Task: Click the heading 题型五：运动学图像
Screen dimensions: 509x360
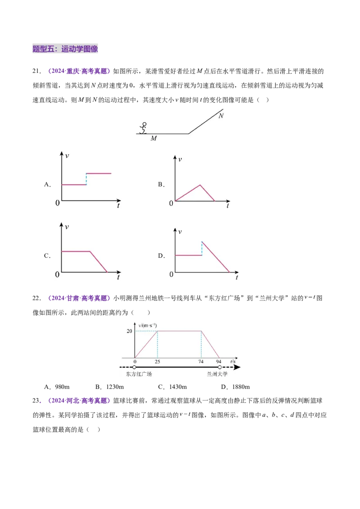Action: click(66, 49)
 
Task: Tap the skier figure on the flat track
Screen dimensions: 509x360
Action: click(144, 129)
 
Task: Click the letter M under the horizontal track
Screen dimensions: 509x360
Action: click(153, 138)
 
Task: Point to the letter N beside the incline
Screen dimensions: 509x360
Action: click(220, 116)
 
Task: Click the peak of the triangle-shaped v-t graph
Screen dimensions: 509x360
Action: click(200, 184)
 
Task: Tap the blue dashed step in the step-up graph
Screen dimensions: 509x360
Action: click(86, 179)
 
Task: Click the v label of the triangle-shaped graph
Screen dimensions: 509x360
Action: click(180, 159)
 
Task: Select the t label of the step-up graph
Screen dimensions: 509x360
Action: click(118, 205)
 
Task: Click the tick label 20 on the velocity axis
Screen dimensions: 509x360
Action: click(130, 331)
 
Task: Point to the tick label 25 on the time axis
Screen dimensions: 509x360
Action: click(157, 362)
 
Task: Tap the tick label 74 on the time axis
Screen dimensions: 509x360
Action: click(201, 362)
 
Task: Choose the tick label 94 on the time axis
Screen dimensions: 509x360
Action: click(219, 362)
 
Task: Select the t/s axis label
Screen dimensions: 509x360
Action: click(233, 361)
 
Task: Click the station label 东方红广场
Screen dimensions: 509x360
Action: click(136, 374)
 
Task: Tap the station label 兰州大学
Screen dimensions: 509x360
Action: click(217, 374)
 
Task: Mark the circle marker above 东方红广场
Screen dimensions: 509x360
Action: click(134, 367)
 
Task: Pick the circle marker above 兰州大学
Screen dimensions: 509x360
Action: click(220, 367)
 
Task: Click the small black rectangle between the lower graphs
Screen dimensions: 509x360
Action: click(160, 255)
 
